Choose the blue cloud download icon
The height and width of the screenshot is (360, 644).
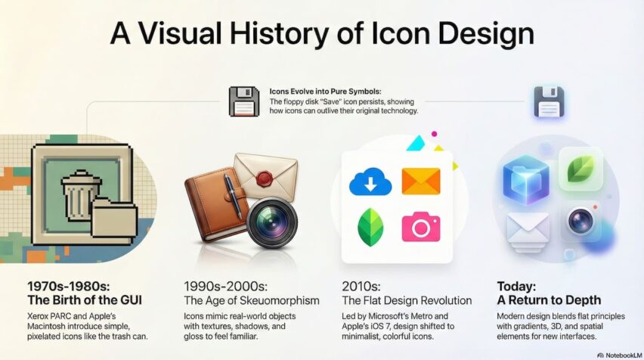point(370,182)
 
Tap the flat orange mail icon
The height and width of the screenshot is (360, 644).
point(420,182)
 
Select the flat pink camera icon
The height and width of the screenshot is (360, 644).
point(420,227)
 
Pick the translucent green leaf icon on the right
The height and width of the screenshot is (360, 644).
point(581,170)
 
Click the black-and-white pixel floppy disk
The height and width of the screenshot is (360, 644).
point(244,101)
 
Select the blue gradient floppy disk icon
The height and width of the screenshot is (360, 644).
point(550,102)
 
